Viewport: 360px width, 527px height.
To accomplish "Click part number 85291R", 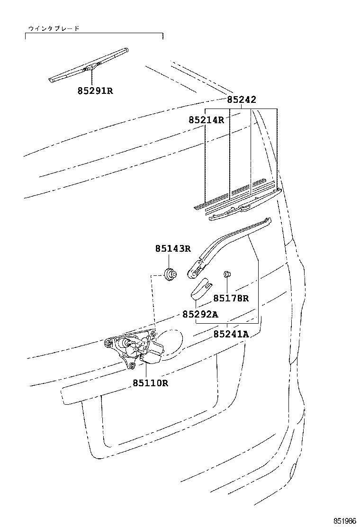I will (x=95, y=90).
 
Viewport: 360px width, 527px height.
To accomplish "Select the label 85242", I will (x=241, y=100).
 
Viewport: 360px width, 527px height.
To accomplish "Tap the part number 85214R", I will (x=206, y=120).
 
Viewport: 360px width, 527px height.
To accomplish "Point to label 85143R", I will (x=173, y=249).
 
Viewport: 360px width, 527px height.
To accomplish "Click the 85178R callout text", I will (x=231, y=298).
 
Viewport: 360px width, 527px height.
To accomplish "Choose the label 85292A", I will (x=200, y=314).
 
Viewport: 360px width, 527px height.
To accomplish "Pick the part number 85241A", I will (x=231, y=334).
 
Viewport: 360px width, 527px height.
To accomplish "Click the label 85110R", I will (x=150, y=383).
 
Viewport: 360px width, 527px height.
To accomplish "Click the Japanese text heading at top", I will (x=54, y=28).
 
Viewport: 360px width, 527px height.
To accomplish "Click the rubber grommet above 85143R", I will (x=170, y=273).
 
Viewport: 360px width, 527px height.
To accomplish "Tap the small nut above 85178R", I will (x=227, y=273).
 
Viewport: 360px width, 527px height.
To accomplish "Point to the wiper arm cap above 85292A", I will (x=200, y=289).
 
